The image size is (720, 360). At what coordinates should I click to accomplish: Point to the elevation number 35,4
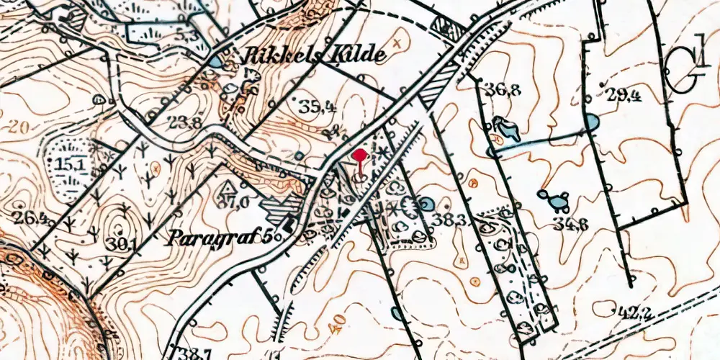(x=318, y=108)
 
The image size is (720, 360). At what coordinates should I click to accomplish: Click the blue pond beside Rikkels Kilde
(x=216, y=63)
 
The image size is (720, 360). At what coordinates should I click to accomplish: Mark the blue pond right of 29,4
(x=590, y=122)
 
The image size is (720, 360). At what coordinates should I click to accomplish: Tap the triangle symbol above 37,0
(x=230, y=187)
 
